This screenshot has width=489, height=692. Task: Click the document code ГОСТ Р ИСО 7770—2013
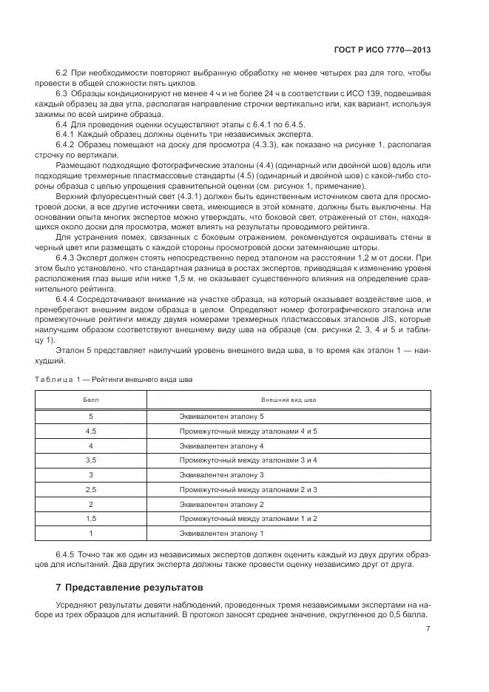tap(383, 50)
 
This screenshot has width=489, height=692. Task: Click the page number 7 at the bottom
tap(428, 629)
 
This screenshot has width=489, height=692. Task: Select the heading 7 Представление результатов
tap(123, 586)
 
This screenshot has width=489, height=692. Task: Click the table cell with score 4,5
tap(90, 431)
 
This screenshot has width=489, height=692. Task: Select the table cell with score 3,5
tap(90, 460)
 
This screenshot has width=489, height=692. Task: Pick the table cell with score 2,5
tap(90, 489)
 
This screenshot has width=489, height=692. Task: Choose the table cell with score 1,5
tap(90, 518)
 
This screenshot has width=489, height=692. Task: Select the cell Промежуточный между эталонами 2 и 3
tap(248, 489)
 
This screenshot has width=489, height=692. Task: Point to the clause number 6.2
tap(62, 73)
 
